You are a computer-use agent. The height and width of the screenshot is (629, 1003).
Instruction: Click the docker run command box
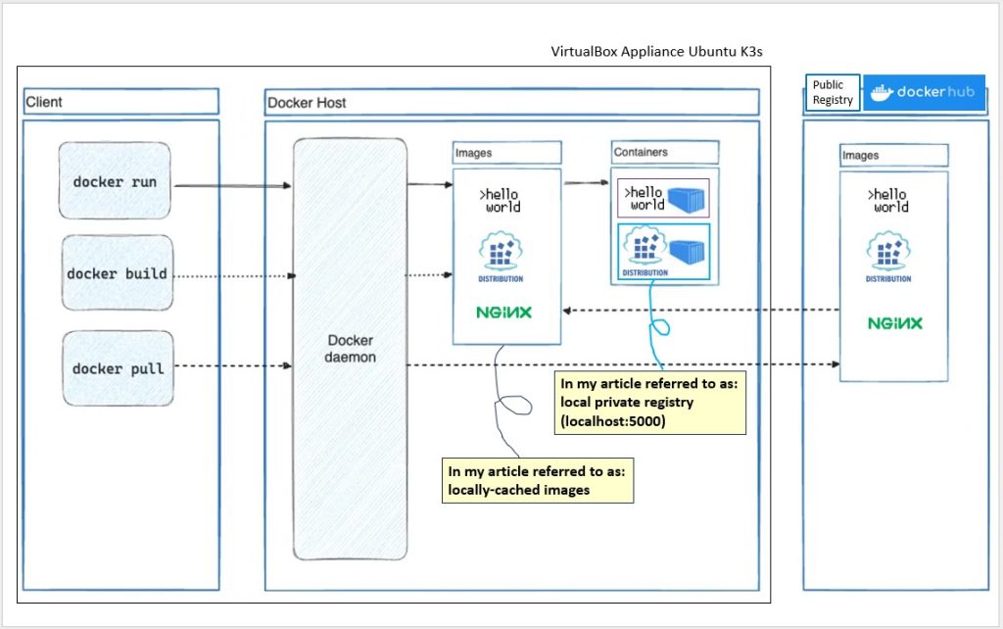(x=115, y=181)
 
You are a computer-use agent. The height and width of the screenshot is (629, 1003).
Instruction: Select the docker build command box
(x=118, y=273)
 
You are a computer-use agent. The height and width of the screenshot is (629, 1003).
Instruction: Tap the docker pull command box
(x=118, y=368)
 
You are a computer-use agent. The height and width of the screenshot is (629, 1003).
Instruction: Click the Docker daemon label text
(x=350, y=349)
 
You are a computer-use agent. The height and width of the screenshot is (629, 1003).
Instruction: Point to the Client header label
(x=44, y=102)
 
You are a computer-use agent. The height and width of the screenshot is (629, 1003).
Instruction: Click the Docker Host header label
(x=307, y=102)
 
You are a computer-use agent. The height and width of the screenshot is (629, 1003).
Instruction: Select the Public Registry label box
(x=833, y=92)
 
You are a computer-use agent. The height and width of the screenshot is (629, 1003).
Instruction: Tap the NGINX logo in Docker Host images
(x=504, y=313)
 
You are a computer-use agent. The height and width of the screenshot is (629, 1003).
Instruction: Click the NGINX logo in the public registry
(x=894, y=323)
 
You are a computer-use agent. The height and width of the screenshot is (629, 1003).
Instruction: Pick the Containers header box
(x=665, y=152)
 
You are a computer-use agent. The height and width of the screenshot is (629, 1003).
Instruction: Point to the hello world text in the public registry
(x=889, y=201)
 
